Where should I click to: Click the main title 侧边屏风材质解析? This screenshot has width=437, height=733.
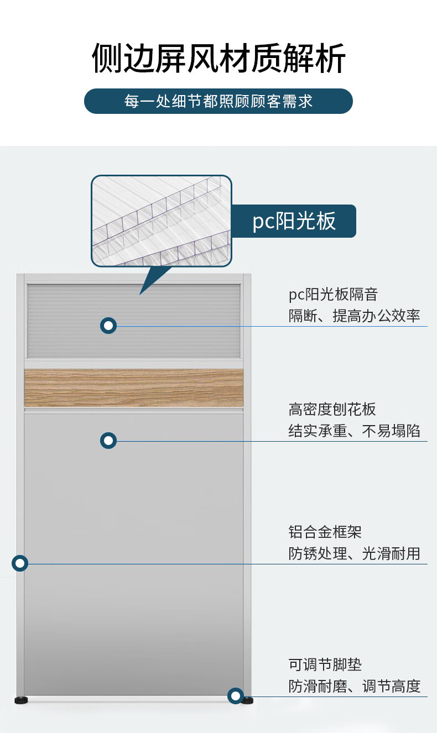tap(218, 58)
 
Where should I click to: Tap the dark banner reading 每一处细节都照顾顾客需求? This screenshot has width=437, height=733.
tap(218, 101)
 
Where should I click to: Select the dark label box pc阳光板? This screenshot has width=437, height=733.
tap(294, 221)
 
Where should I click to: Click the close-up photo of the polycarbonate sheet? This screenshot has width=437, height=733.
tap(162, 221)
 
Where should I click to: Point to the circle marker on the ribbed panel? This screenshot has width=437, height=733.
tap(108, 326)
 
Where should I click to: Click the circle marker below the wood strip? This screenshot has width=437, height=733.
tap(108, 441)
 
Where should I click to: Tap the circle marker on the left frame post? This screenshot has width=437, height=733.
tap(20, 563)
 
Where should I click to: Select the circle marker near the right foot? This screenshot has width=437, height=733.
tap(235, 696)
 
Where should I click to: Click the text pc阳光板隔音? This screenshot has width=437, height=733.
tap(333, 294)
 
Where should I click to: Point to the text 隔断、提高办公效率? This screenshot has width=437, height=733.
tap(354, 316)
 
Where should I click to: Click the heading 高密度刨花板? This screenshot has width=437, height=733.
tap(332, 410)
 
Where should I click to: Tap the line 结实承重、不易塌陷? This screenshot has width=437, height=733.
tap(354, 431)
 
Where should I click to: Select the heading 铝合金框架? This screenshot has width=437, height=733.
tap(325, 532)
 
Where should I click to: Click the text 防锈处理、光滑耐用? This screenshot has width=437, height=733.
tap(354, 554)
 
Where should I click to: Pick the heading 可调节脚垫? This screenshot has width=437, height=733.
tap(325, 664)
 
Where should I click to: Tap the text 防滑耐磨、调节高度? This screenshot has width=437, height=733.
tap(354, 686)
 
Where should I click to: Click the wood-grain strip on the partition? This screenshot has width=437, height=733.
tap(134, 388)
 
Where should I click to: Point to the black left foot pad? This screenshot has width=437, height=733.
tap(21, 700)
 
